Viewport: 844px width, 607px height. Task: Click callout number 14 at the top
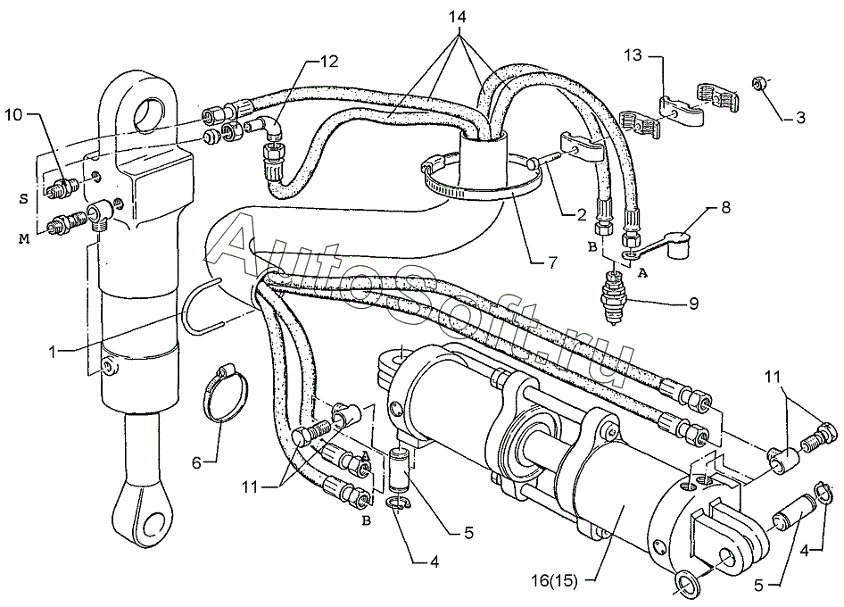[x=458, y=17]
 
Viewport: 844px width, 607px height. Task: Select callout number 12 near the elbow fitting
[x=330, y=62]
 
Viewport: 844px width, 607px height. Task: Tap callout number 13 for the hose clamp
[x=634, y=55]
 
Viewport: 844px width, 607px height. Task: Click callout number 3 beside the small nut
[x=800, y=118]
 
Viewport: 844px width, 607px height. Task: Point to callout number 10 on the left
[x=14, y=115]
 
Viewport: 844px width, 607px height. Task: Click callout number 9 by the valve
[x=694, y=303]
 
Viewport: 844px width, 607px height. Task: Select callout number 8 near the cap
[x=726, y=207]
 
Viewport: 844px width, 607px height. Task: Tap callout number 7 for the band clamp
[x=552, y=262]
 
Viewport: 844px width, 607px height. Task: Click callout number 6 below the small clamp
[x=196, y=462]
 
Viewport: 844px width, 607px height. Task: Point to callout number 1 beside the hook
[x=53, y=353]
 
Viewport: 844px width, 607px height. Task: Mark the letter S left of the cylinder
[x=24, y=199]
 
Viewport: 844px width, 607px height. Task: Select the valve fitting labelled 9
[x=613, y=298]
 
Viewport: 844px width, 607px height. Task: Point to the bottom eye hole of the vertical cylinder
[x=153, y=522]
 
